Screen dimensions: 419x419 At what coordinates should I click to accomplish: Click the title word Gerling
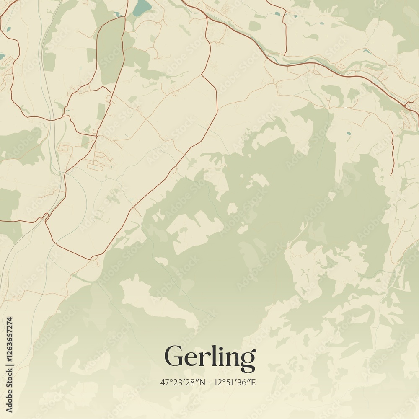210,357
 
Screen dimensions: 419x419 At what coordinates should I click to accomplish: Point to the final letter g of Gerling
248,360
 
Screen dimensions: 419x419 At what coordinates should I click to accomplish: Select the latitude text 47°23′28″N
183,383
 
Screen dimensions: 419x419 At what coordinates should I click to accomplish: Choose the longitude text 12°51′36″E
236,383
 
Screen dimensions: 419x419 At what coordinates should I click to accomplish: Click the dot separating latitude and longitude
209,383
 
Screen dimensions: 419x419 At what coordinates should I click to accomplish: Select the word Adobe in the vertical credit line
10,401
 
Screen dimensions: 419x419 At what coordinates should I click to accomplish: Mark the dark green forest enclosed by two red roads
111,50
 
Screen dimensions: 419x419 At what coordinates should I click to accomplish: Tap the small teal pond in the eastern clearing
348,134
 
